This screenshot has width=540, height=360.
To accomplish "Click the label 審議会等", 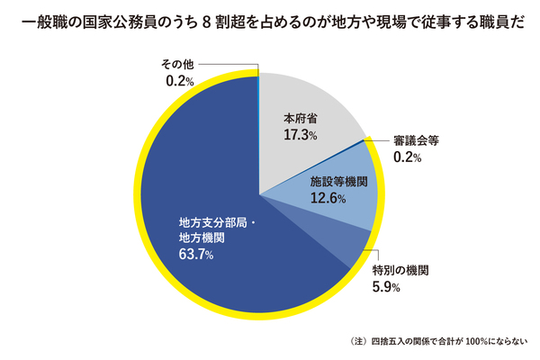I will (x=416, y=140).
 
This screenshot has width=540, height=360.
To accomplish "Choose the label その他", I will (x=178, y=65).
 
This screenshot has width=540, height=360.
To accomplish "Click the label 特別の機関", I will (x=400, y=270).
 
